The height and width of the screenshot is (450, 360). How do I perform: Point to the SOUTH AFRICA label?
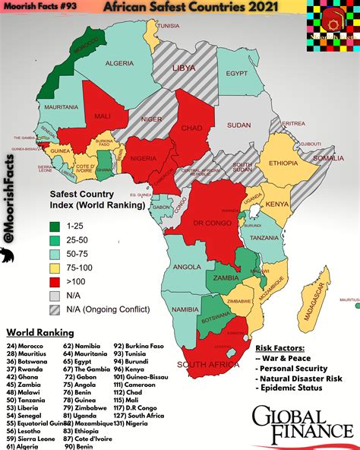204,364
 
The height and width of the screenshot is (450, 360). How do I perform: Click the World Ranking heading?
39,332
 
